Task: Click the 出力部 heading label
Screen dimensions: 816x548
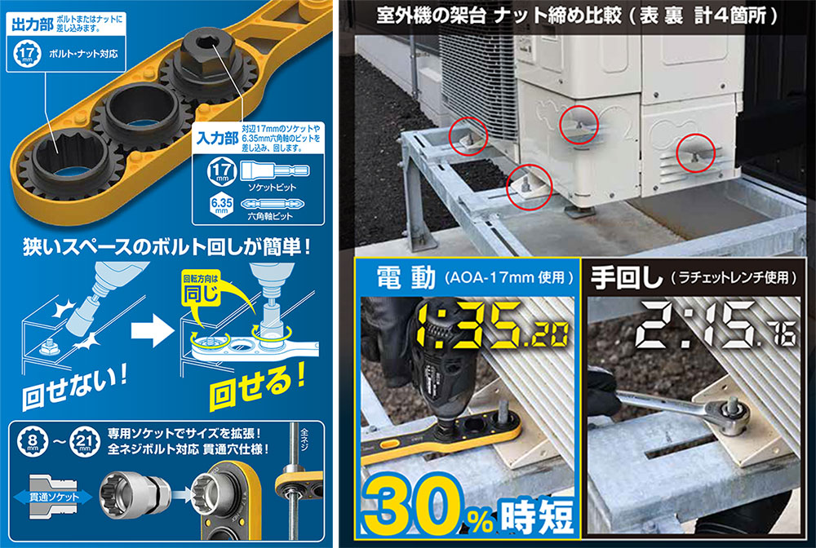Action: point(33,24)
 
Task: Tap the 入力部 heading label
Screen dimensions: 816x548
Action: point(218,139)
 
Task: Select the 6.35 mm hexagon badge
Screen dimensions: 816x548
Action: point(222,205)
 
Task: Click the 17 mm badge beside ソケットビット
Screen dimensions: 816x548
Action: point(222,171)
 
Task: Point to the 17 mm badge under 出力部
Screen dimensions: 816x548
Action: point(27,54)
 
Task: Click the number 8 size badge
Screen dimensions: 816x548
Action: point(33,441)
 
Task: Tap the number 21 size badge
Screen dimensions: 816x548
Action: point(85,441)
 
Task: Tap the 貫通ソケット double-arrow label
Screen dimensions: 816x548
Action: point(53,497)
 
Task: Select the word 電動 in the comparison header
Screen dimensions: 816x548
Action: point(406,276)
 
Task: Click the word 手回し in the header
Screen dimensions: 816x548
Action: point(626,277)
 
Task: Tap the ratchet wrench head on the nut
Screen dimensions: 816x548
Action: point(730,415)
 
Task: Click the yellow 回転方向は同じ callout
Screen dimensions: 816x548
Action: point(201,289)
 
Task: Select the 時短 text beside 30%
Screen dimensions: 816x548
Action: point(536,515)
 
